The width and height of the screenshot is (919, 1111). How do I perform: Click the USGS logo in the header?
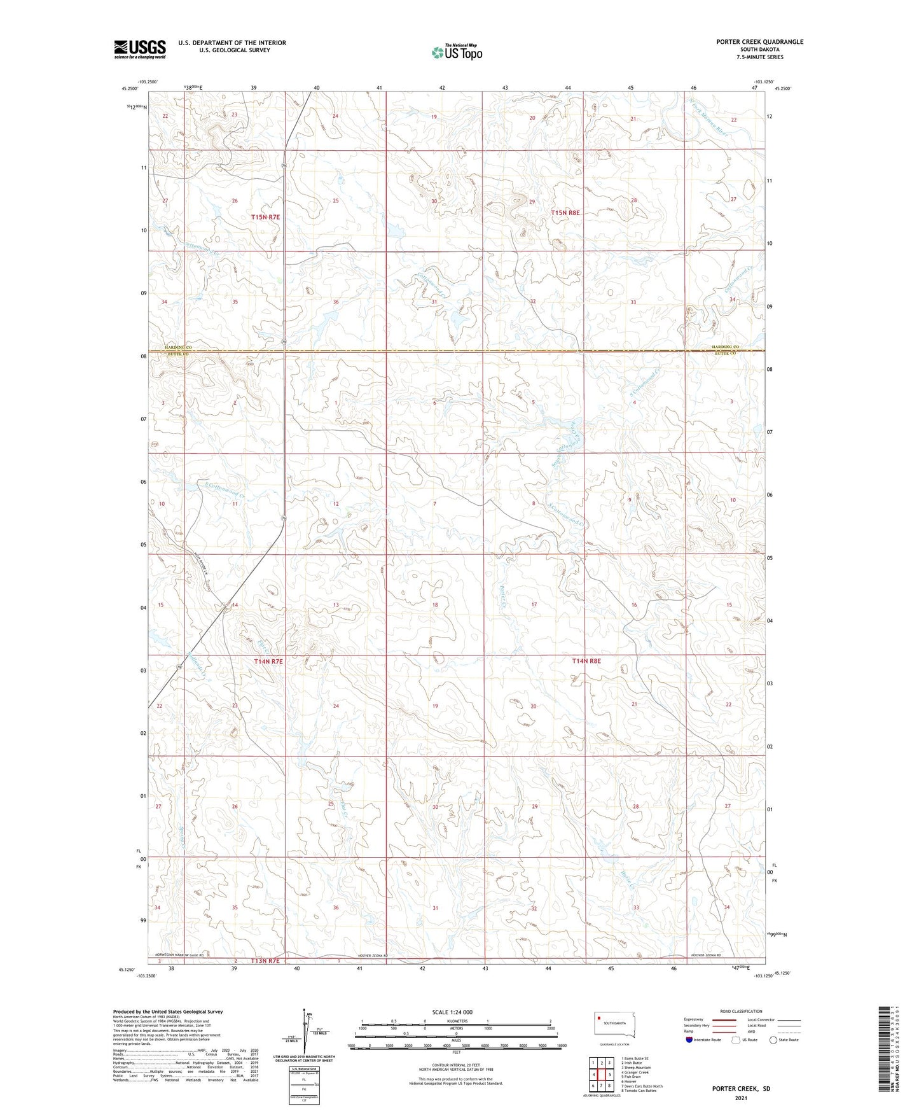[140, 49]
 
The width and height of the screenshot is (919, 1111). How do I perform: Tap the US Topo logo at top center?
[456, 52]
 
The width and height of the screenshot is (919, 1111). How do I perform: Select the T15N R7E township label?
[265, 217]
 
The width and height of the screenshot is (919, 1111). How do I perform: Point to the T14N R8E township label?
[586, 661]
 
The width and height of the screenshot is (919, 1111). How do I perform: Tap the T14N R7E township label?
[267, 662]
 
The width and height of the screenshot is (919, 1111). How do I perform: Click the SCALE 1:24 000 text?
[452, 1012]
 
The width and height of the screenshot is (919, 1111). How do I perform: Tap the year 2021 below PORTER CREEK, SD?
[740, 1098]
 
